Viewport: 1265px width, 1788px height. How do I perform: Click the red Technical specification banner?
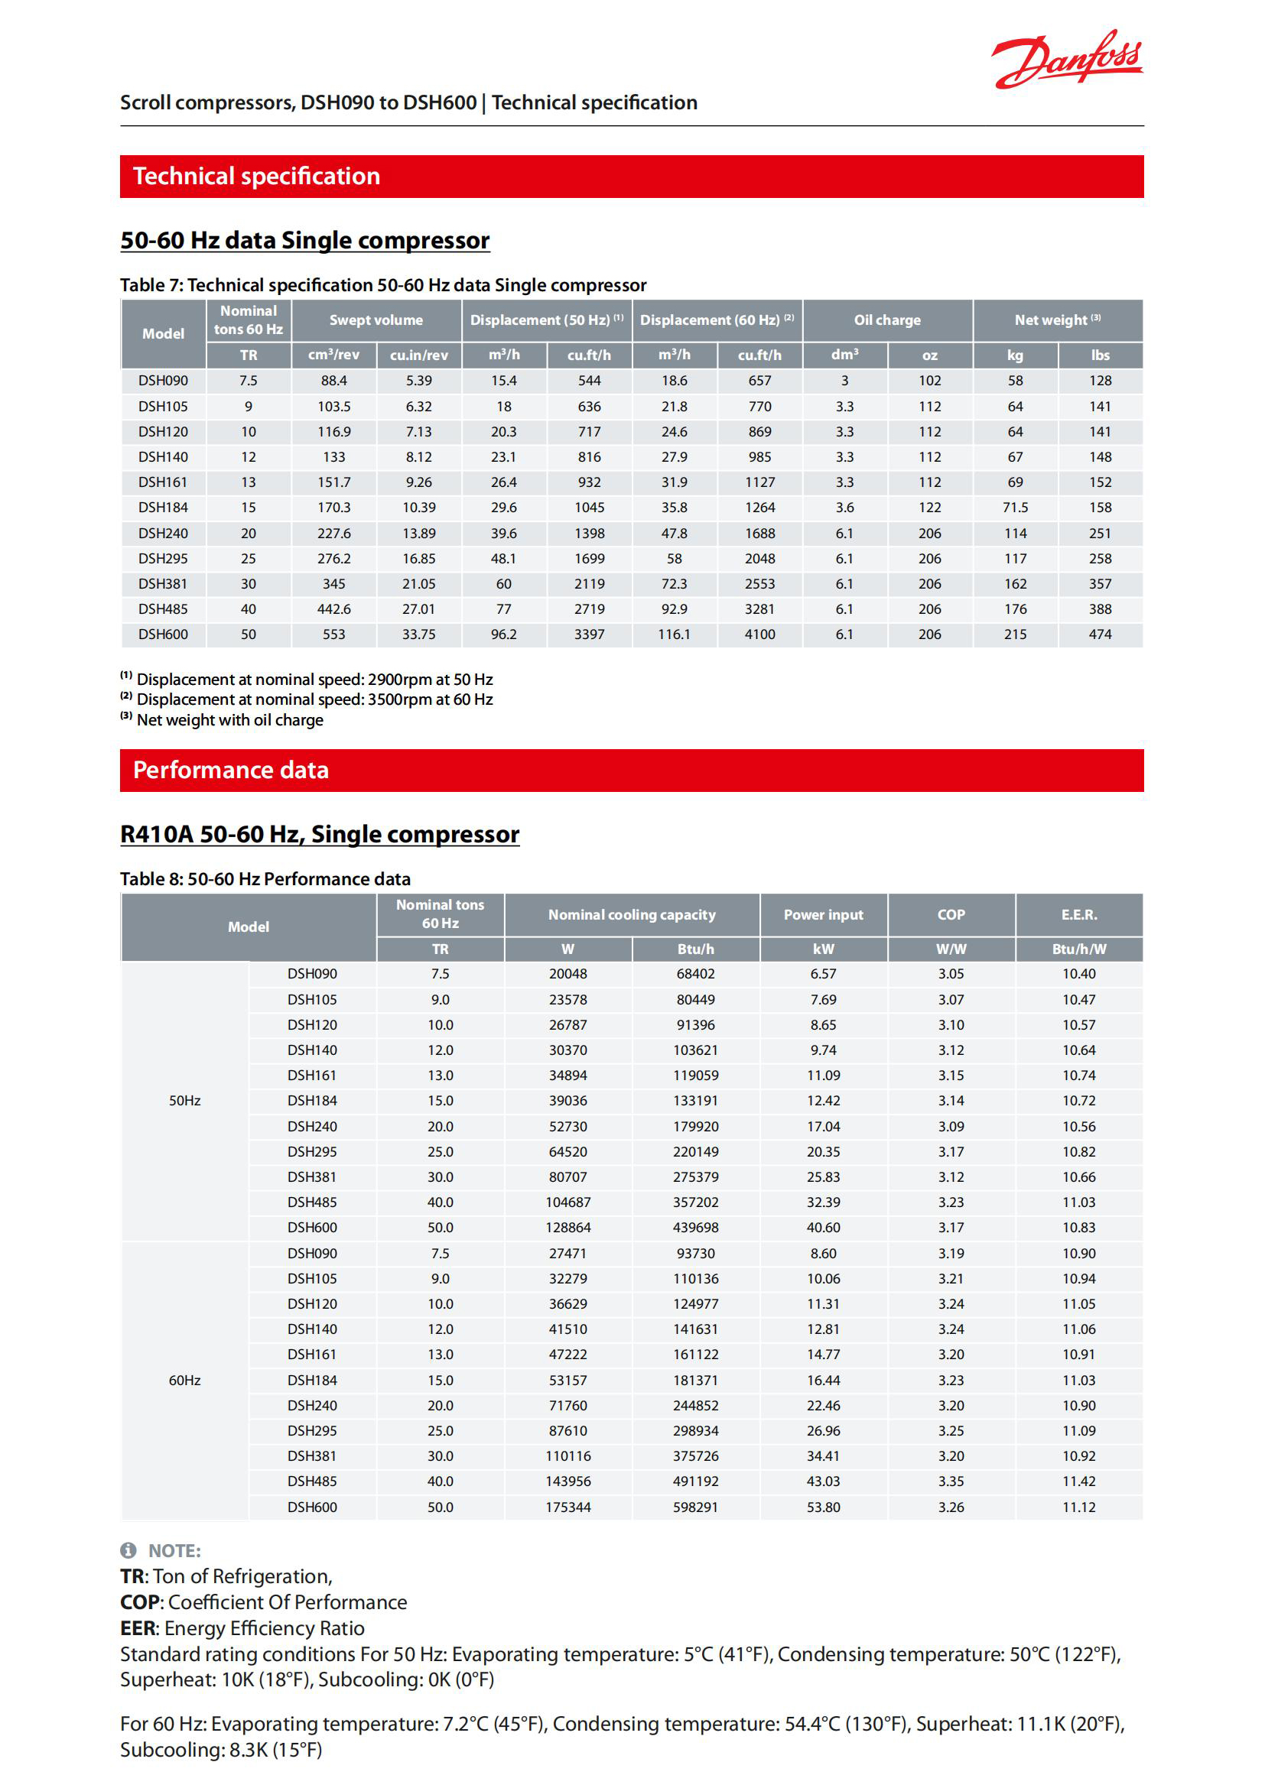632,177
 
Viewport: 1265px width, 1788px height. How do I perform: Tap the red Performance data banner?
632,771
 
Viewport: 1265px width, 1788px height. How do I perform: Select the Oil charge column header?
887,320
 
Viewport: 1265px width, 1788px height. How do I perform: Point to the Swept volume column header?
376,320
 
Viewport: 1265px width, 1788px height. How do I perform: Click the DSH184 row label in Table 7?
164,508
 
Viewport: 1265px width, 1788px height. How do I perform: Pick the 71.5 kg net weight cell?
1015,508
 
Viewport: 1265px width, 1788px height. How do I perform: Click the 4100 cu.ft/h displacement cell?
759,634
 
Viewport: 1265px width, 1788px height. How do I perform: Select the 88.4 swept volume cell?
333,381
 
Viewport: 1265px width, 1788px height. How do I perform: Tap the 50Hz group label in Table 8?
184,1100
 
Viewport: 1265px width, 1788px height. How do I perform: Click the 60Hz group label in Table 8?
184,1380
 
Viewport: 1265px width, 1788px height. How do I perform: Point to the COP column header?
951,915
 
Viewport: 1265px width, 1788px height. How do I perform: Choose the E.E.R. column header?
1079,915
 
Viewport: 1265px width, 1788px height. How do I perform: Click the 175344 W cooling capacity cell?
567,1507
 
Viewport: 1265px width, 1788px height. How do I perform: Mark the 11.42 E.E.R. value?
1079,1481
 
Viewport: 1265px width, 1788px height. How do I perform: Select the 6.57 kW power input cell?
824,974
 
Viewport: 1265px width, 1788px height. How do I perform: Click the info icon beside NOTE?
128,1550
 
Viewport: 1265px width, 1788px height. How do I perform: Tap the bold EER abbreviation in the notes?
138,1628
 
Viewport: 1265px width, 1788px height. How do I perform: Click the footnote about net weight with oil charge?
229,720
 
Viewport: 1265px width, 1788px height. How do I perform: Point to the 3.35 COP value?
951,1481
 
